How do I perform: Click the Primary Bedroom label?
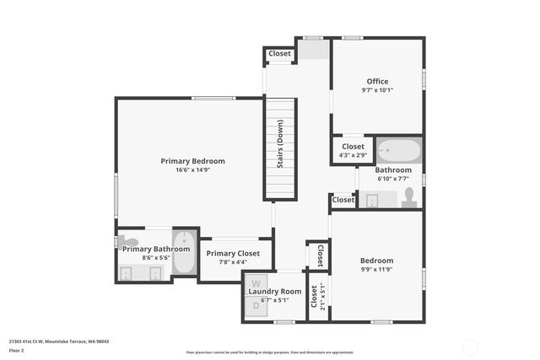(x=194, y=160)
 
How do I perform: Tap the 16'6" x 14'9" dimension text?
(x=194, y=169)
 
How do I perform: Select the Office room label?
(x=377, y=81)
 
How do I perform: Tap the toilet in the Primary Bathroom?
(x=128, y=242)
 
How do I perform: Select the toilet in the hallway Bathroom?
(x=409, y=196)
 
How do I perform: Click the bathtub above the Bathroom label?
(x=398, y=151)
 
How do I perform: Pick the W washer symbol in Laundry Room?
(x=256, y=282)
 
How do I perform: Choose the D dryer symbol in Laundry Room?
(x=256, y=305)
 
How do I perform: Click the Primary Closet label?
(x=233, y=253)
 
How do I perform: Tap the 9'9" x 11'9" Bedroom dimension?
(x=377, y=270)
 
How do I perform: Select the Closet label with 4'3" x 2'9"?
(x=353, y=146)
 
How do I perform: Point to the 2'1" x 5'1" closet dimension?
(x=323, y=297)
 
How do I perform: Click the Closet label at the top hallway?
(x=280, y=54)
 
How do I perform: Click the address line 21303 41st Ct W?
(x=59, y=341)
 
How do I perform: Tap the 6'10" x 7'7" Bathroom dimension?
(x=393, y=178)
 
